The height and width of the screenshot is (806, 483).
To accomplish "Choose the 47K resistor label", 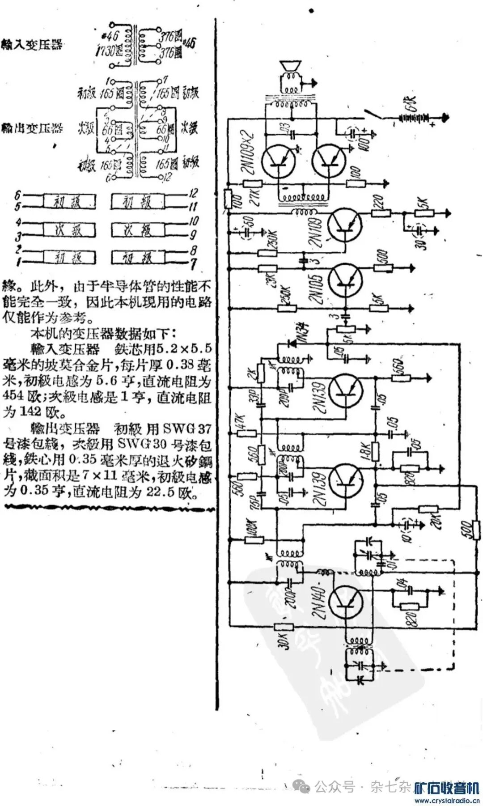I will (x=239, y=422).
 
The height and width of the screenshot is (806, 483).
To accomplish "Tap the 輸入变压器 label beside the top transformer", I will (x=31, y=45).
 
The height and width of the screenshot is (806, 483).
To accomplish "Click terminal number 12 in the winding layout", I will (x=194, y=193).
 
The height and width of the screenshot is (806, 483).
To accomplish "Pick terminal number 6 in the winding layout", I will (x=18, y=195).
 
